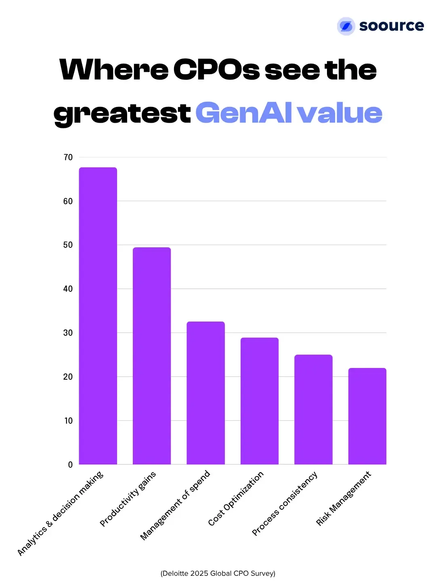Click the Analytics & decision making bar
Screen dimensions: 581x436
pyautogui.click(x=98, y=316)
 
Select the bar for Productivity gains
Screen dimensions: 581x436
pyautogui.click(x=152, y=355)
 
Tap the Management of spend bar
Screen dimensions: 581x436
pyautogui.click(x=205, y=393)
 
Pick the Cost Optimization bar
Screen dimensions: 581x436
pyautogui.click(x=260, y=401)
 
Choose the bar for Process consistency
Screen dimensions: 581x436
pyautogui.click(x=313, y=409)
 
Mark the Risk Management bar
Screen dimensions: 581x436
pyautogui.click(x=367, y=416)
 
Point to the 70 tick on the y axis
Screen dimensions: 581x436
pyautogui.click(x=68, y=157)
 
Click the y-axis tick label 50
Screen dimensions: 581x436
pyautogui.click(x=68, y=245)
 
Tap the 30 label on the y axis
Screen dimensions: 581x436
pyautogui.click(x=68, y=333)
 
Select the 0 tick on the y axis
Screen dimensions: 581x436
pyautogui.click(x=70, y=465)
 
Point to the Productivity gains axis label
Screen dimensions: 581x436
pyautogui.click(x=128, y=499)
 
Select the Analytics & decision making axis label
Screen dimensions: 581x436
pyautogui.click(x=61, y=513)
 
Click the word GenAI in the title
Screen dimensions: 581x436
pyautogui.click(x=244, y=113)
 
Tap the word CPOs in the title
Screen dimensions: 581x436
pyautogui.click(x=217, y=70)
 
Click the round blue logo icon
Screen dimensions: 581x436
pyautogui.click(x=346, y=26)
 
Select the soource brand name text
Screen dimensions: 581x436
pyautogui.click(x=391, y=25)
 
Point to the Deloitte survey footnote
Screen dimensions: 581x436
pyautogui.click(x=218, y=573)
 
